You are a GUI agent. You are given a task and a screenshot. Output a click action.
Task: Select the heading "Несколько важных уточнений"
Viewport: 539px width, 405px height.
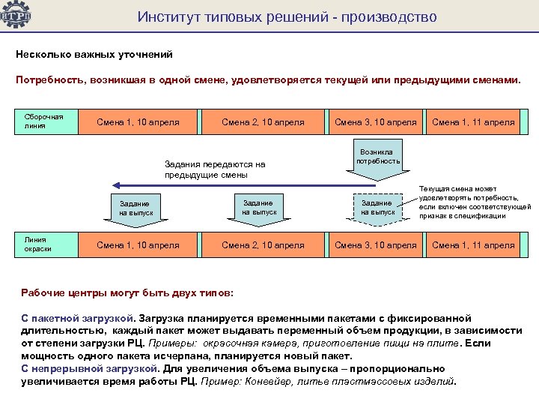[94, 54]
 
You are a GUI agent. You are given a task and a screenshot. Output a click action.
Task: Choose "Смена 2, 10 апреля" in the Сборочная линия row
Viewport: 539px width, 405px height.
[263, 122]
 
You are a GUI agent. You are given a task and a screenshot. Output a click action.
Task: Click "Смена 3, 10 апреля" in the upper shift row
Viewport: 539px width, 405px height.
[375, 122]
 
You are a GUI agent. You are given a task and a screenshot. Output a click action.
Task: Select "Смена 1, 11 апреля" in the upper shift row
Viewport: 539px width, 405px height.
[473, 122]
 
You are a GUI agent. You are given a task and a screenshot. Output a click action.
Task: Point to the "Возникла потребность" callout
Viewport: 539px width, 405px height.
[378, 157]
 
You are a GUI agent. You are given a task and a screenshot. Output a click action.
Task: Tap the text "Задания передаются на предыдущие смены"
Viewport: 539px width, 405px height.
[215, 169]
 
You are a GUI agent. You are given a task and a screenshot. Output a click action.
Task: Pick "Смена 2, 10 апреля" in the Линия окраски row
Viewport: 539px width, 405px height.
[263, 245]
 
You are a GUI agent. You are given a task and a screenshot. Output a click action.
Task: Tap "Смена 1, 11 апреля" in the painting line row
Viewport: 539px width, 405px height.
[473, 245]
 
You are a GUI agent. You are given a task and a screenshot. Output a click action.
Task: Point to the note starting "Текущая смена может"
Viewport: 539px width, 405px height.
[475, 203]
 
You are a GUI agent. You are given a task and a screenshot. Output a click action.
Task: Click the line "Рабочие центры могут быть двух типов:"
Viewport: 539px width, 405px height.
[127, 291]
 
